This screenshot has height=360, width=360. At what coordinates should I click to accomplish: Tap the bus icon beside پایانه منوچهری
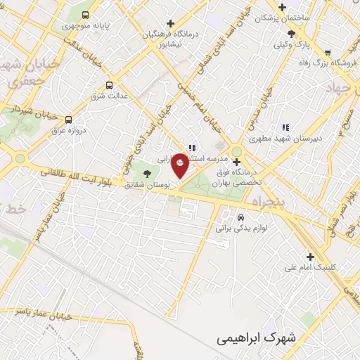pyautogui.click(x=86, y=14)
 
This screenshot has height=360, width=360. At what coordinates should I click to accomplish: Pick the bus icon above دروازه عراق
pyautogui.click(x=68, y=120)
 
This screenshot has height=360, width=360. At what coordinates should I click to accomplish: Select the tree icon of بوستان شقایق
pyautogui.click(x=147, y=173)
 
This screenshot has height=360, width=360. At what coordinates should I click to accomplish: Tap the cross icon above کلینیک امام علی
pyautogui.click(x=310, y=257)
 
